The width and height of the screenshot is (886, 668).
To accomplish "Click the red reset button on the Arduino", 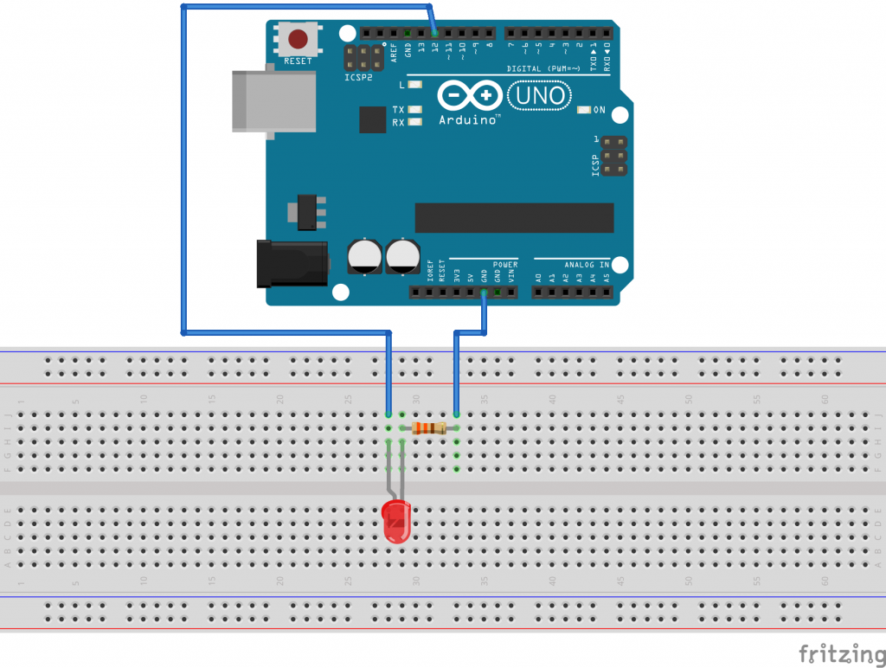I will pyautogui.click(x=299, y=39).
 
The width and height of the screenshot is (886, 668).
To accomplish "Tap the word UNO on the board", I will pyautogui.click(x=540, y=95).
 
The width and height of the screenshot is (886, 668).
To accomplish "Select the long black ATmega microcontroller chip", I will pyautogui.click(x=514, y=218).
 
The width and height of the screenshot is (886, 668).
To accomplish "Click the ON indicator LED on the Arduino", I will pyautogui.click(x=585, y=110).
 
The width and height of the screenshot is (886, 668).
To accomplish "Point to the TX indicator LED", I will pyautogui.click(x=415, y=110).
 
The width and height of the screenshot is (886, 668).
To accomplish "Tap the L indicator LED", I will pyautogui.click(x=415, y=85).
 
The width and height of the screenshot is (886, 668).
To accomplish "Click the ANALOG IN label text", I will pyautogui.click(x=587, y=264).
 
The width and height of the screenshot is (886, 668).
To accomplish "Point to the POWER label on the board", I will pyautogui.click(x=505, y=264).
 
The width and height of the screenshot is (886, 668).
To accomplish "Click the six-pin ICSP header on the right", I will pyautogui.click(x=615, y=157).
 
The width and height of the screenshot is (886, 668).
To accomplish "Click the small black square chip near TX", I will pyautogui.click(x=372, y=119).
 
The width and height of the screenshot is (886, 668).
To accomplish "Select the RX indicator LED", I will pyautogui.click(x=415, y=123).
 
